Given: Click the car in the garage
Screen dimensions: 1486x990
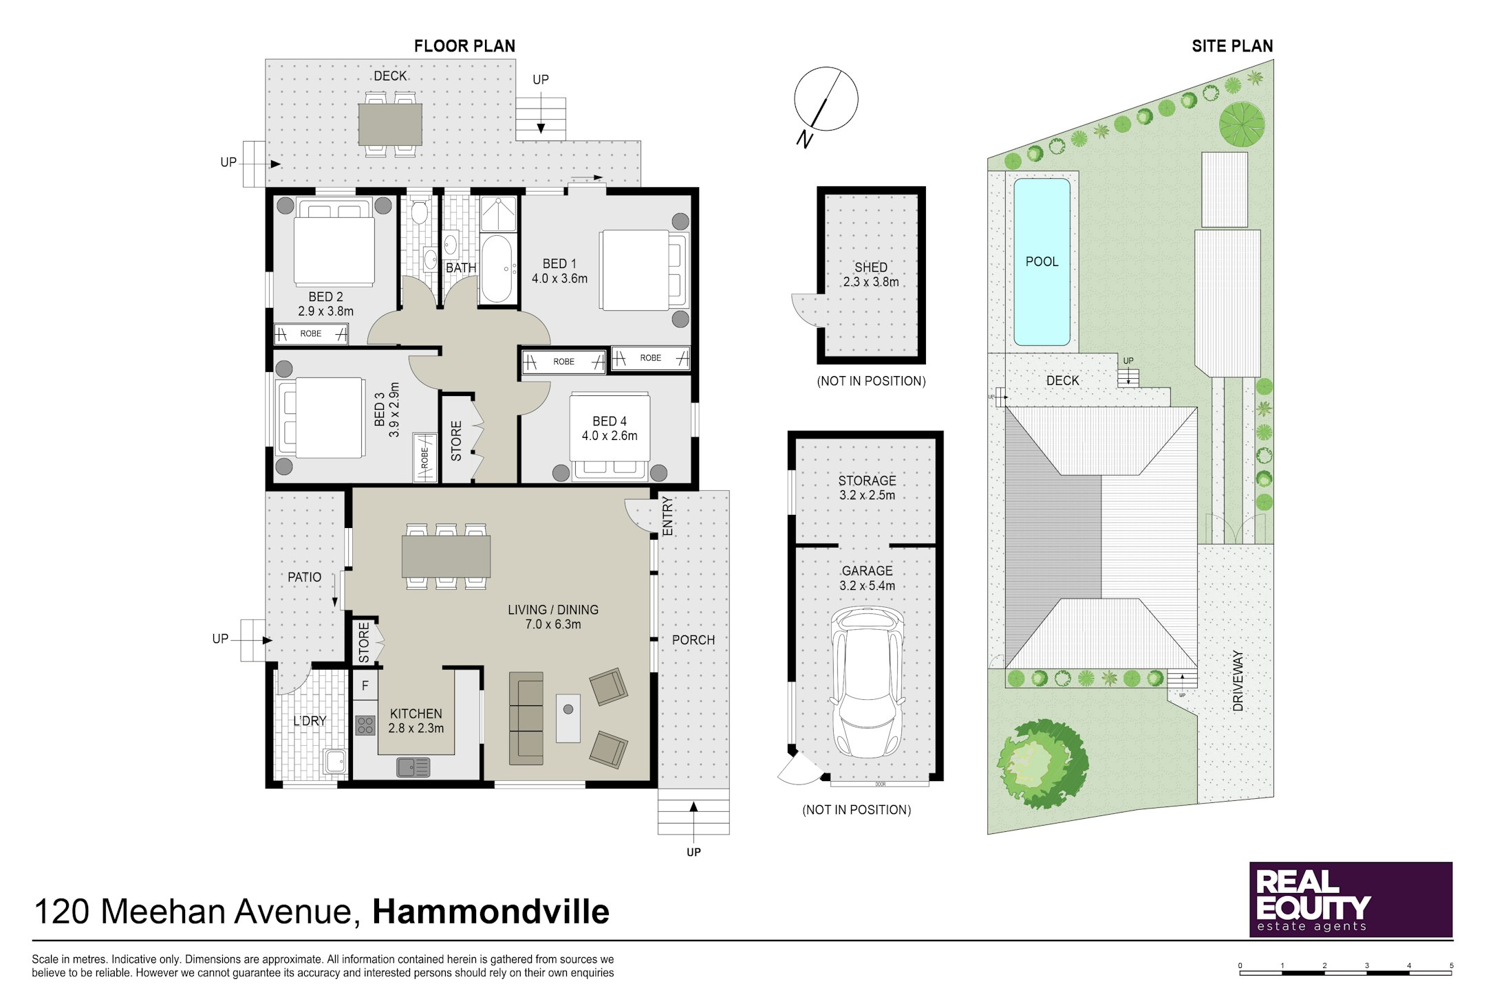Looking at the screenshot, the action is coord(868,681).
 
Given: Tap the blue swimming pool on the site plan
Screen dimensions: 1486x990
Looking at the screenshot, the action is coord(1042,261).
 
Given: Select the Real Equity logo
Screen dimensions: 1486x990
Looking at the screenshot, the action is coord(1350,899).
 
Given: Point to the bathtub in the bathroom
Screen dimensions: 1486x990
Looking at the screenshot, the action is coord(496,269).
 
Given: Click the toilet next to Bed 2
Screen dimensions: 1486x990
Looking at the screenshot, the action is coord(420,210).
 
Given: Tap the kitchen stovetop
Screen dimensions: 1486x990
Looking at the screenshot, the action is coord(365,725).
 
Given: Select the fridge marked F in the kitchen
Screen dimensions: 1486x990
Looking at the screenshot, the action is coord(365,685).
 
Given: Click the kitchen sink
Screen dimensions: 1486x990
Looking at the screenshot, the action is coord(413,767).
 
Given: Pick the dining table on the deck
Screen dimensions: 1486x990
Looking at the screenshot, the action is coord(390,124).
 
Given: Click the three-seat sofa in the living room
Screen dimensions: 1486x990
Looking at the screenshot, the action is coord(526,718).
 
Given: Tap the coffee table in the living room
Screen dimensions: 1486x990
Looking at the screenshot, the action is coord(568,718).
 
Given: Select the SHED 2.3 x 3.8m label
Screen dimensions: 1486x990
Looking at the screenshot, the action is coord(871,274).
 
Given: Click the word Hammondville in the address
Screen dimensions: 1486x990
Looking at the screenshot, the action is coord(491,912).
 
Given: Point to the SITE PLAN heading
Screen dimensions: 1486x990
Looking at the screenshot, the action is coord(1232,46).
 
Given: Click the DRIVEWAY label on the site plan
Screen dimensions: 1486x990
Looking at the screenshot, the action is coord(1238,681).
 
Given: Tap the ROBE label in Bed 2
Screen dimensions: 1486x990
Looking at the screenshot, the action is coord(310,333).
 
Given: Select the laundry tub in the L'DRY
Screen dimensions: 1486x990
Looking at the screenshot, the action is coord(335,761).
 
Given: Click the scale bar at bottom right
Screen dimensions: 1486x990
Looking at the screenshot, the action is coord(1346,972).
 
